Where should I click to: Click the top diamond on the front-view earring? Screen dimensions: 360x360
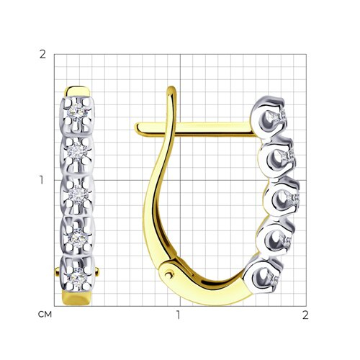click(76, 112)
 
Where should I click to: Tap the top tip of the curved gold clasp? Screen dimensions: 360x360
click(171, 87)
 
